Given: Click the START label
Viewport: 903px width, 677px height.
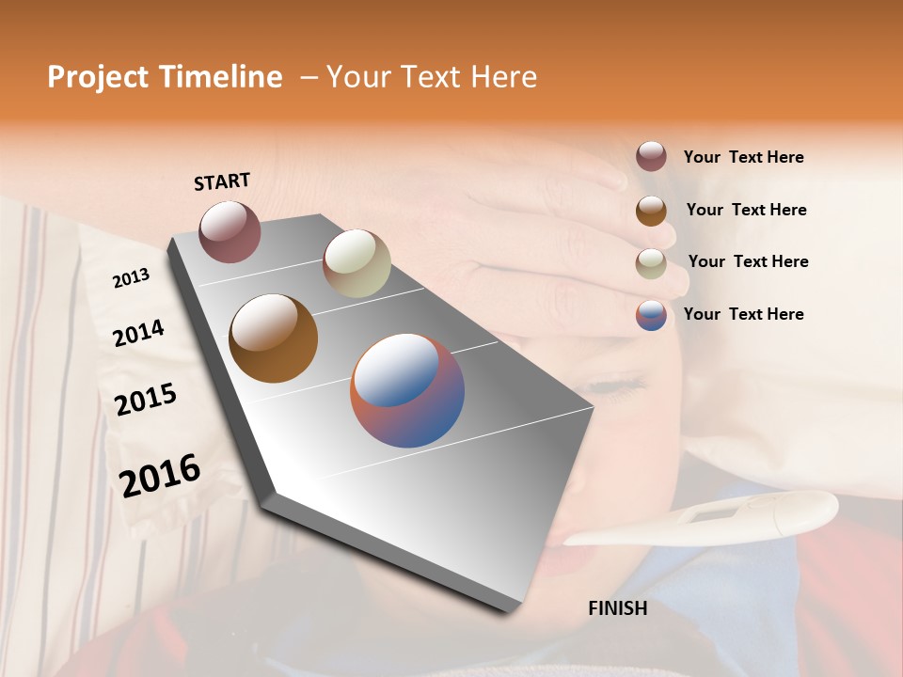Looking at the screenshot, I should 222,181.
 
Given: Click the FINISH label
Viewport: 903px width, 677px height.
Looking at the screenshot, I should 617,608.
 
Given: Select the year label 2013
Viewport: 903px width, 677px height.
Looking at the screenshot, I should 131,278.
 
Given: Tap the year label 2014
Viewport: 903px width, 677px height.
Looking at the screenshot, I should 138,333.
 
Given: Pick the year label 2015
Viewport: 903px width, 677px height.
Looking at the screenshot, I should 145,400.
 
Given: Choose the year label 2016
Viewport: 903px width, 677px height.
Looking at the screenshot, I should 160,476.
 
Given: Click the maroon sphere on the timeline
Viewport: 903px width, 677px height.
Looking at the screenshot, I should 230,231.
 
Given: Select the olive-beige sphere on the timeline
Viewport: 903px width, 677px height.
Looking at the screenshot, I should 356,263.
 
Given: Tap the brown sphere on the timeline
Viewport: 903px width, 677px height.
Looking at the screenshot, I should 273,338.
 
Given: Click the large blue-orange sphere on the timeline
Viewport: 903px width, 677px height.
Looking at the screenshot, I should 407,390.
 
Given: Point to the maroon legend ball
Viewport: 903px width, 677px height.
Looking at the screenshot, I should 651,157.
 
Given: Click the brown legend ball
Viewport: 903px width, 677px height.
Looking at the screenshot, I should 651,210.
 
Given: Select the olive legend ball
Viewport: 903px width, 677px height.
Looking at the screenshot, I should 651,262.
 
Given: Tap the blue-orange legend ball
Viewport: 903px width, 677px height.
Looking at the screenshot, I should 651,315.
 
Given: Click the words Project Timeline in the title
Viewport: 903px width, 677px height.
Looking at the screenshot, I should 165,77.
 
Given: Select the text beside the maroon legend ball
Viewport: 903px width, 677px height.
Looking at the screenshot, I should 743,157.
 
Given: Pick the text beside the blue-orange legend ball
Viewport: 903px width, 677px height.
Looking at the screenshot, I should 743,314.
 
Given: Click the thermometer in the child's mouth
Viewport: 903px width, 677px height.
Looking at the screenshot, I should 715,522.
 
